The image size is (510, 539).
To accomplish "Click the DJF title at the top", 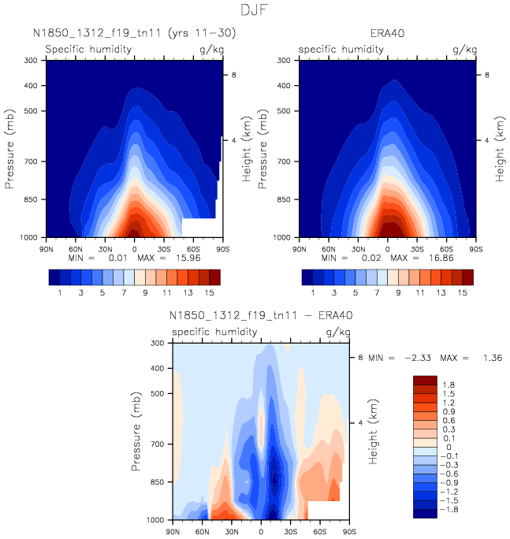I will [255, 10].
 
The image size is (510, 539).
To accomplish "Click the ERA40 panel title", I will [387, 34].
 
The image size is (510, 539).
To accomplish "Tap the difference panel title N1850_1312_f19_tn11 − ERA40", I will [261, 316].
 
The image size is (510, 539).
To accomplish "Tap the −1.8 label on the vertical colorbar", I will [449, 510].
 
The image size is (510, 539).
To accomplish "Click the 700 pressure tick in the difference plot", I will [155, 444].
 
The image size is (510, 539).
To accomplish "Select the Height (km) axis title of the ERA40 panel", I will [499, 149].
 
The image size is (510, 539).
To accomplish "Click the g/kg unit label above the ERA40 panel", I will [465, 50].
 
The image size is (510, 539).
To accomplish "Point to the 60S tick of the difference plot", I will [319, 531].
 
